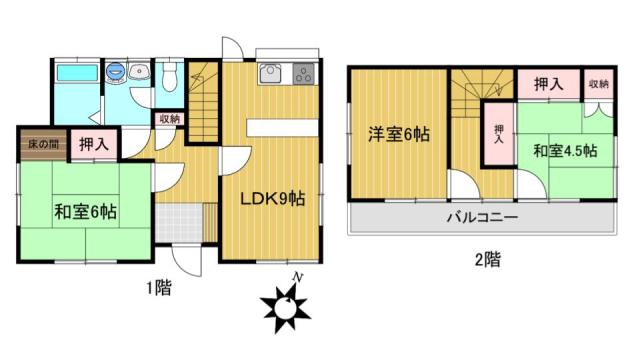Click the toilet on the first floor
tap(169, 76)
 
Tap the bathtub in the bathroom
tap(77, 73)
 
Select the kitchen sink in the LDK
tap(269, 74)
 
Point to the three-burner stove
tap(304, 74)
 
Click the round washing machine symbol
tap(115, 71)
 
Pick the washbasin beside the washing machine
tap(139, 71)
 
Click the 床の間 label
tap(43, 144)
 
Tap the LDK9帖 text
tap(272, 199)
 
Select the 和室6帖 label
tap(86, 212)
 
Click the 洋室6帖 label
tap(399, 134)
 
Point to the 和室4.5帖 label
tap(565, 151)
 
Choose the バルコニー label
tap(482, 217)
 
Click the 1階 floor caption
tap(159, 288)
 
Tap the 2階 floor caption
tap(488, 260)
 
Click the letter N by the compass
tap(298, 278)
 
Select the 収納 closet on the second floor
tap(598, 84)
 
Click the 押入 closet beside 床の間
tap(94, 144)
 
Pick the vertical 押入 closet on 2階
tap(499, 134)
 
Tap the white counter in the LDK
tap(282, 128)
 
